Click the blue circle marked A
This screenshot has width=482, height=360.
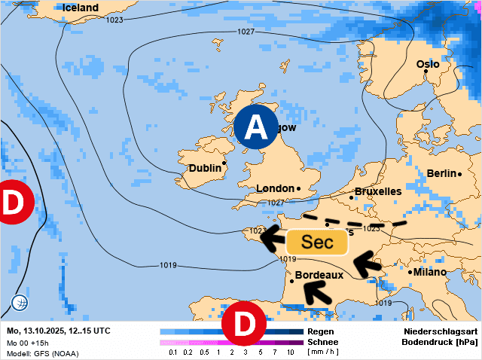point(256,126)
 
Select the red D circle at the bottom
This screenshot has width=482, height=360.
point(244,324)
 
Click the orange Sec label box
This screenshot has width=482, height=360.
point(316,242)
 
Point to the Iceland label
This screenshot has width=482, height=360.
point(81,8)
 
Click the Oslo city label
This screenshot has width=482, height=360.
point(428,64)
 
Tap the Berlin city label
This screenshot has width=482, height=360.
point(442,173)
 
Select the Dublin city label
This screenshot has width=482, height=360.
point(205,168)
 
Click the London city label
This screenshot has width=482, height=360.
point(275,188)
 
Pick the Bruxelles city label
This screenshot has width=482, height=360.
point(377,191)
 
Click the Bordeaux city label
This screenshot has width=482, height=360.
point(319,275)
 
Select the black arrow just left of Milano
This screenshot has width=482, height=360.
point(368,264)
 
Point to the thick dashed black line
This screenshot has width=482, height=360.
point(354,223)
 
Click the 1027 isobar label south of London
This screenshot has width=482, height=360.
point(276,203)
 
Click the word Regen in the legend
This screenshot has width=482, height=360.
point(321,331)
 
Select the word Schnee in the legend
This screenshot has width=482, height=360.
point(323,342)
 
